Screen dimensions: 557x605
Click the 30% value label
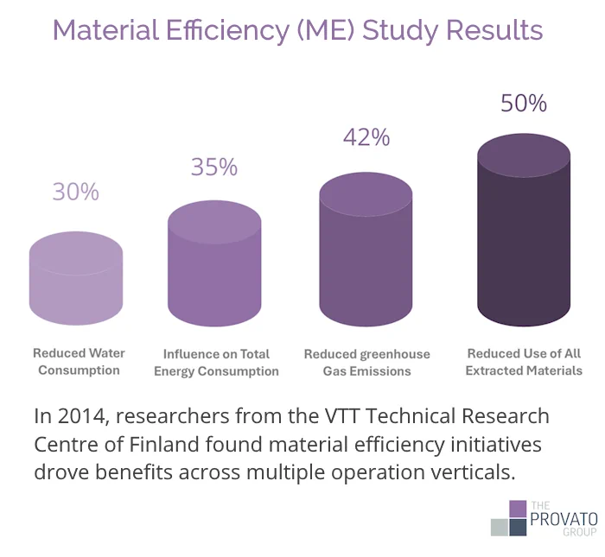coord(76,192)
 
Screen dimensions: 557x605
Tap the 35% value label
coord(214,167)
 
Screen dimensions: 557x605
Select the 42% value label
coord(366,137)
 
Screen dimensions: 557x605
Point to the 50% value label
coord(524,104)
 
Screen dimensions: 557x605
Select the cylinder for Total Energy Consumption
coord(214,263)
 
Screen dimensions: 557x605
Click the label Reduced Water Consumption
coord(79,362)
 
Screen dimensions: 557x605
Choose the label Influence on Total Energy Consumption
coord(216,363)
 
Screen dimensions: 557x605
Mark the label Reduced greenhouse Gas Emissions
coord(366,363)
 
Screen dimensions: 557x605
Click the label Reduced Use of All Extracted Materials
coord(524,362)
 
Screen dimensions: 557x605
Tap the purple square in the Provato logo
coord(518,509)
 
